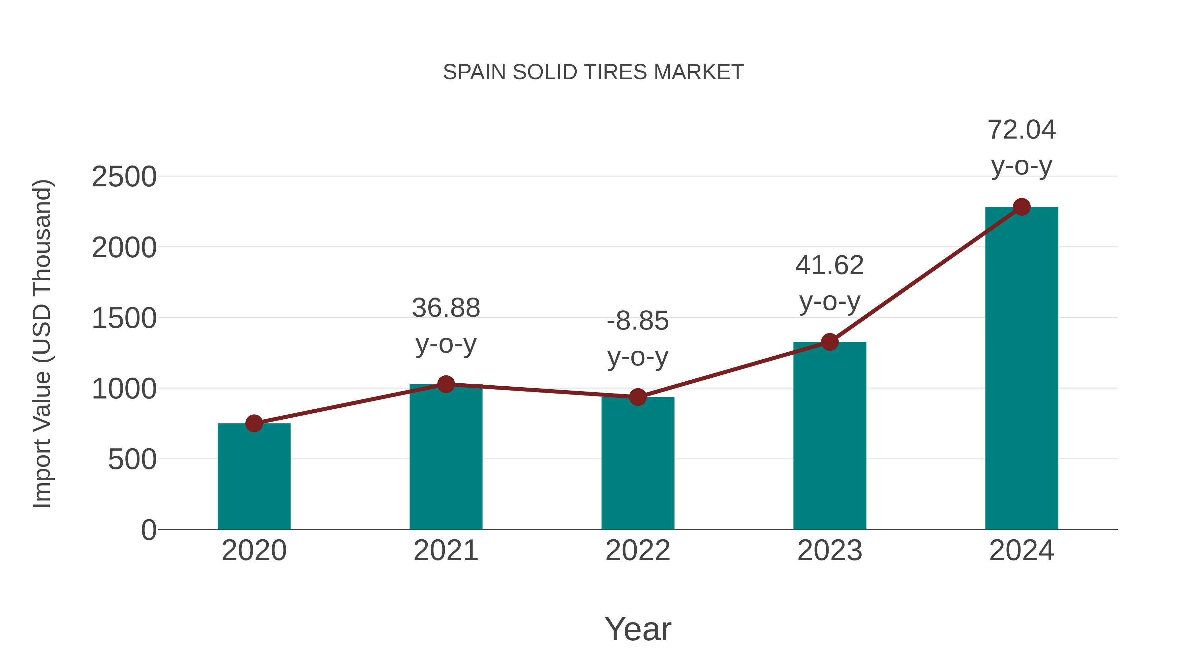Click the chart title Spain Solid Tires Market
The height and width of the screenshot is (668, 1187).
593,72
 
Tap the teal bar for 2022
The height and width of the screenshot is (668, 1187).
638,463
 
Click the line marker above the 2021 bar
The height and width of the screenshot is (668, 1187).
445,384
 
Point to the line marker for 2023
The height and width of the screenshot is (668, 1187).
830,342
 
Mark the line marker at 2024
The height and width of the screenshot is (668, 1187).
1021,207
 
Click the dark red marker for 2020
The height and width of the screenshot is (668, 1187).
254,423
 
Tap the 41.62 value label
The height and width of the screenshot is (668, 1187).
830,283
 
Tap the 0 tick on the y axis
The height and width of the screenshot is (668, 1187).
148,530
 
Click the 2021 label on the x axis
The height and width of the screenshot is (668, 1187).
445,551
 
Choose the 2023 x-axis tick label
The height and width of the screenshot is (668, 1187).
830,551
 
